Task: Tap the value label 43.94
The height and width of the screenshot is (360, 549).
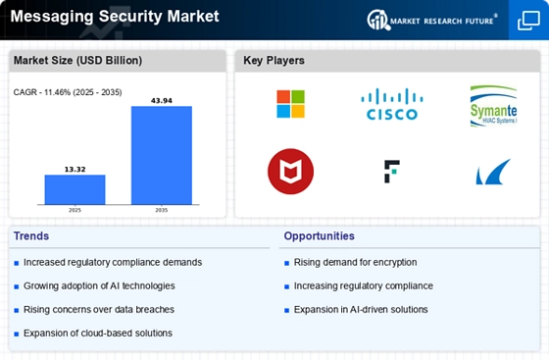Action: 162,100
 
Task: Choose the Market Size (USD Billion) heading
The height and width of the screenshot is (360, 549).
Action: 76,61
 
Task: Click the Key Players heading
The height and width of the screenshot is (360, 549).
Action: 274,61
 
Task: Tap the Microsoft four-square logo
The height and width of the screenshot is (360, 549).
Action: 290,104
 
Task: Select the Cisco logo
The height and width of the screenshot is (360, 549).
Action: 391,104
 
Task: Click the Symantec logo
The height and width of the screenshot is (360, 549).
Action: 492,105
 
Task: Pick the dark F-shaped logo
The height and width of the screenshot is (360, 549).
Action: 391,171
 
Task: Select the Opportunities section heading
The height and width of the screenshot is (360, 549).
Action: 320,236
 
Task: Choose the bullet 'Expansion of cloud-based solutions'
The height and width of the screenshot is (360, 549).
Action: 99,333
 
